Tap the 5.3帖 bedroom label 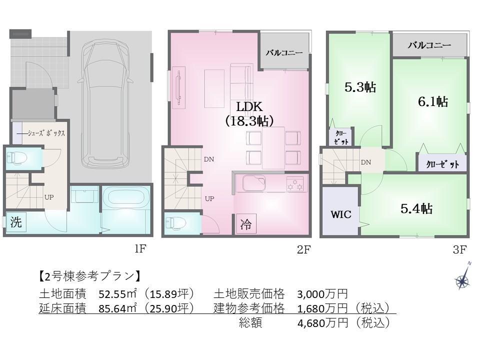(360, 87)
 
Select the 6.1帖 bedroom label (433, 101)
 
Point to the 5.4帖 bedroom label (416, 209)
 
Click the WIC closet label (340, 214)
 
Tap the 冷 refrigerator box (246, 224)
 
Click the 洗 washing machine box (16, 221)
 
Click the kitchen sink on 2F (254, 183)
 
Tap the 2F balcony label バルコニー (284, 52)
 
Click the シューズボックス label (46, 133)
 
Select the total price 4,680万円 (322, 322)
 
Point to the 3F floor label (459, 250)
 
